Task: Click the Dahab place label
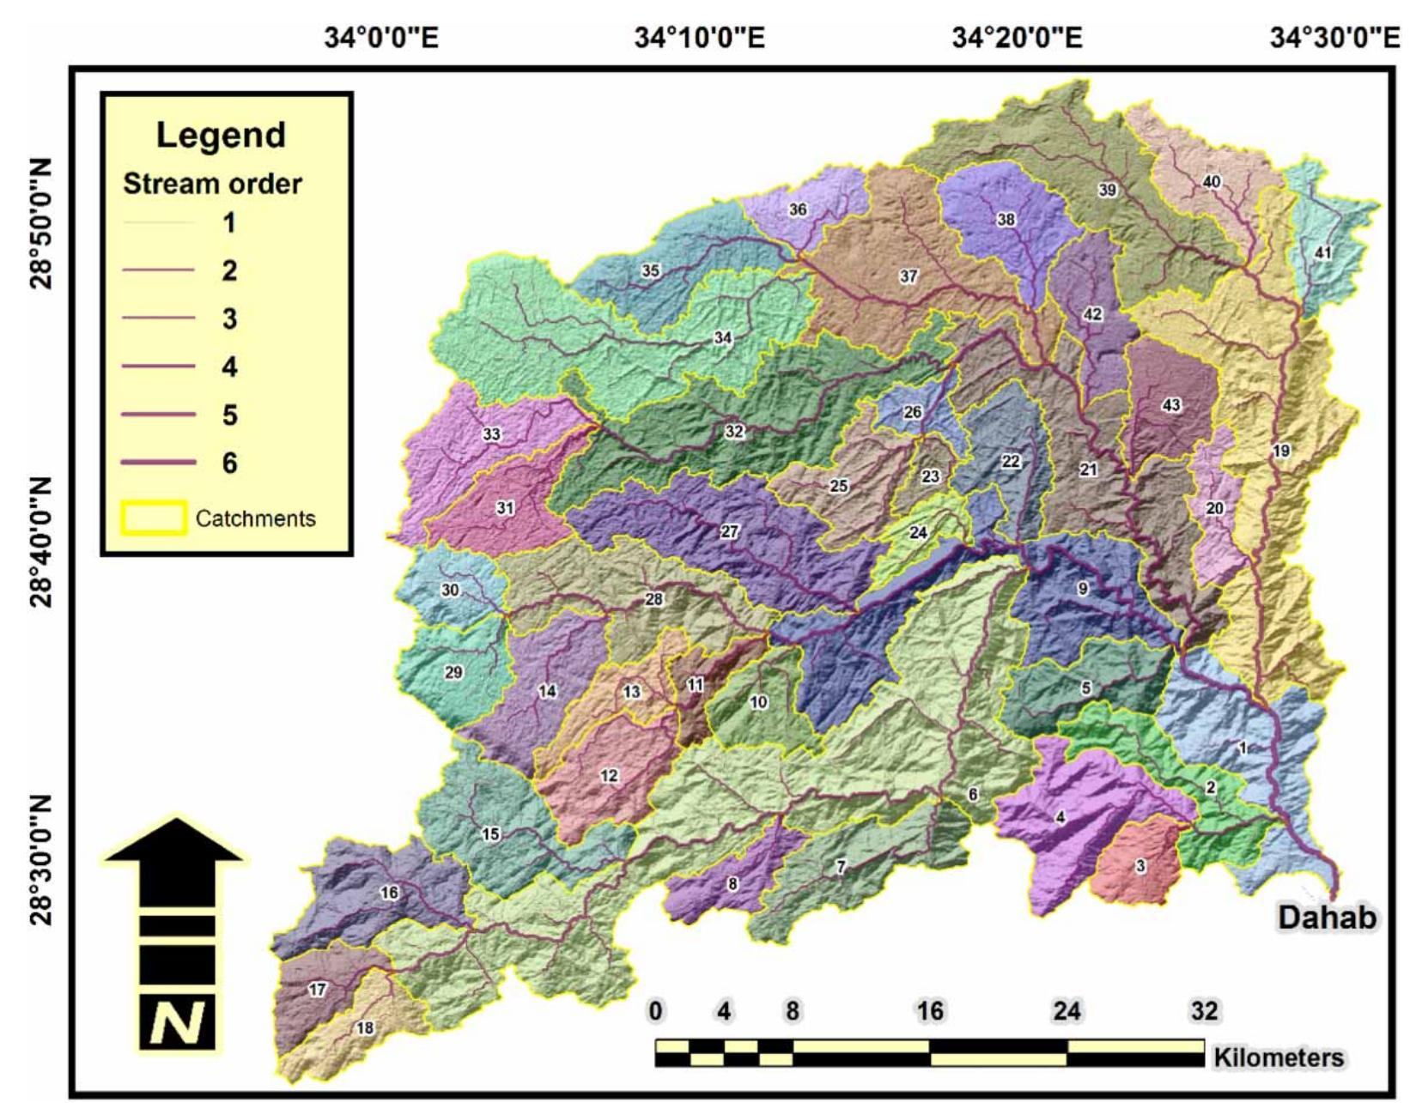[x=1327, y=917]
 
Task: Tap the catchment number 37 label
[x=909, y=276]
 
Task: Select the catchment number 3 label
[x=1140, y=866]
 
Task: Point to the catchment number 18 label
[x=365, y=1027]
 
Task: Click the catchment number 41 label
[x=1322, y=252]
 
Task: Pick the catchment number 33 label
[x=491, y=434]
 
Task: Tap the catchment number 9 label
[x=1083, y=589]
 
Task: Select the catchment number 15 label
[x=490, y=833]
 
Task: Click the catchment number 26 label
[x=912, y=412]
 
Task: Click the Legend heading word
[x=221, y=136]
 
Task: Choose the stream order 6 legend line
[x=158, y=463]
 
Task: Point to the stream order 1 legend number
[x=228, y=223]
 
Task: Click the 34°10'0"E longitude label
[x=699, y=38]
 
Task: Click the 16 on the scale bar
[x=930, y=1011]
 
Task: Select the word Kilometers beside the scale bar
[x=1278, y=1058]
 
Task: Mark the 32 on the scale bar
[x=1204, y=1011]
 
